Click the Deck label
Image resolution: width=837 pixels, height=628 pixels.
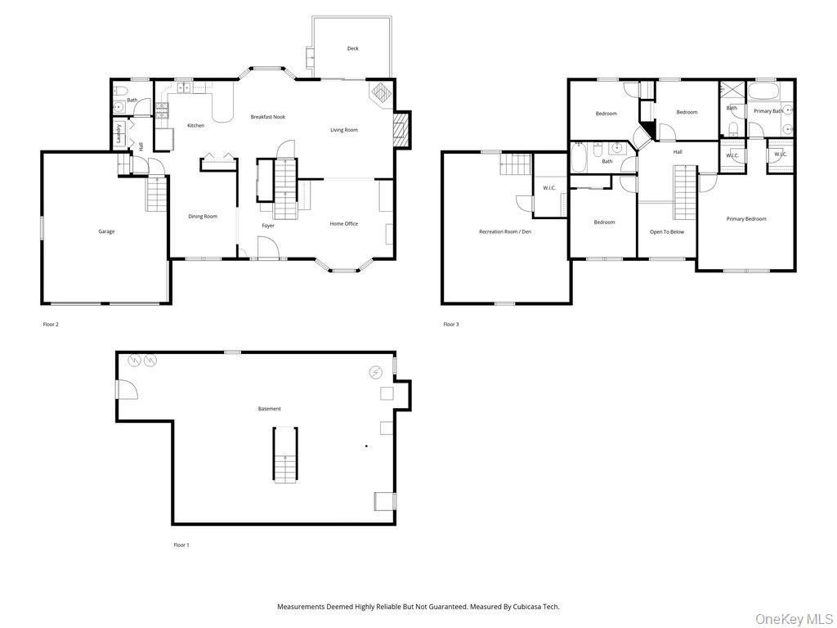pyautogui.click(x=352, y=48)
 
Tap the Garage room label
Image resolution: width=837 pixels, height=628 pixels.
pyautogui.click(x=106, y=231)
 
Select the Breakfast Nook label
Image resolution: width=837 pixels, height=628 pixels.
pyautogui.click(x=267, y=117)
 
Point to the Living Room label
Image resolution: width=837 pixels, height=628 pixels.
pyautogui.click(x=343, y=130)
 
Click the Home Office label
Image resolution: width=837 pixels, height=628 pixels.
pyautogui.click(x=343, y=224)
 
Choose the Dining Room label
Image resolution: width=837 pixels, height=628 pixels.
pyautogui.click(x=203, y=217)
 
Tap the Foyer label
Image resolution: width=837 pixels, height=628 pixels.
pyautogui.click(x=268, y=226)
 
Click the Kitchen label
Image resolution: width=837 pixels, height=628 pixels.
pyautogui.click(x=195, y=125)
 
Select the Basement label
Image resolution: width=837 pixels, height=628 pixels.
pyautogui.click(x=269, y=409)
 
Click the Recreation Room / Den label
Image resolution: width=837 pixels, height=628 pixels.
pyautogui.click(x=504, y=232)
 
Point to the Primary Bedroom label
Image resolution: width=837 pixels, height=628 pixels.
pyautogui.click(x=746, y=219)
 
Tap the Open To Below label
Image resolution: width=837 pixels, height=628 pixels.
pyautogui.click(x=666, y=232)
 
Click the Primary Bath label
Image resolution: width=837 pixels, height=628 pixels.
pyautogui.click(x=768, y=111)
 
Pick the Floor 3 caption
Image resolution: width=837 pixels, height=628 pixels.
pyautogui.click(x=451, y=325)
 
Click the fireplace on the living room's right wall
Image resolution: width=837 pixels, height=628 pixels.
pyautogui.click(x=400, y=130)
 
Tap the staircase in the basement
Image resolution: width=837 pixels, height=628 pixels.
pyautogui.click(x=284, y=454)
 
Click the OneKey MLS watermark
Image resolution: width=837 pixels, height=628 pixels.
pyautogui.click(x=793, y=618)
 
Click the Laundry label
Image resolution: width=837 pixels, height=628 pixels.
pyautogui.click(x=119, y=134)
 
